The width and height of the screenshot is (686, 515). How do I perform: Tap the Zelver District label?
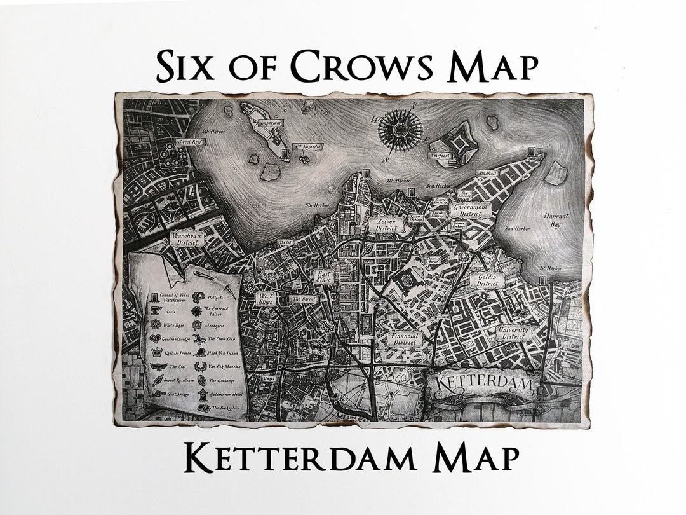click(x=386, y=224)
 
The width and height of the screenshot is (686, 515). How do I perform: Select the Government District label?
click(x=471, y=210)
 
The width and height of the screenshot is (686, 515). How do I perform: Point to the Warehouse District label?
click(x=187, y=238)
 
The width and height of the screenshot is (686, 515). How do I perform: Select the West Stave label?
click(x=266, y=298)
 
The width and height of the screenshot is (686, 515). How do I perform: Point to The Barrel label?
click(x=304, y=298)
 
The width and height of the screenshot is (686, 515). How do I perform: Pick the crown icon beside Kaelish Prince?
click(x=154, y=352)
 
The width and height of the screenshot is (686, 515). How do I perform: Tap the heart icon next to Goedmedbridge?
click(x=154, y=338)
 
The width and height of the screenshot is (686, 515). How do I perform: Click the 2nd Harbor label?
click(x=517, y=228)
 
